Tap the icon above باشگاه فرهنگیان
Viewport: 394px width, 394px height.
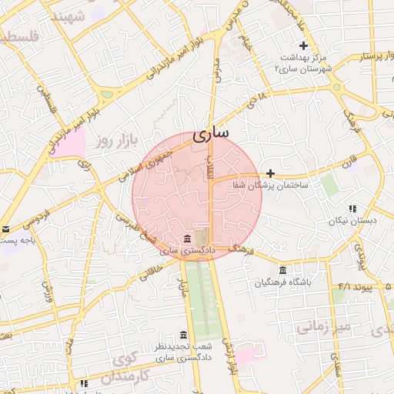coord(284,270)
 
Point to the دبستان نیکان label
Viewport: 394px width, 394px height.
coord(353,221)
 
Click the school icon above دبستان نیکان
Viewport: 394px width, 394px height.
coord(352,208)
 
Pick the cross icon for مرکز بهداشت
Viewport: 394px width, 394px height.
coord(304,45)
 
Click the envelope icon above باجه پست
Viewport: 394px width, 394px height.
coord(5,229)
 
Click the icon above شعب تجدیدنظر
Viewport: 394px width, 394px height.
coord(183,335)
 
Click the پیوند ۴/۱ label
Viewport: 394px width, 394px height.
coord(355,287)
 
